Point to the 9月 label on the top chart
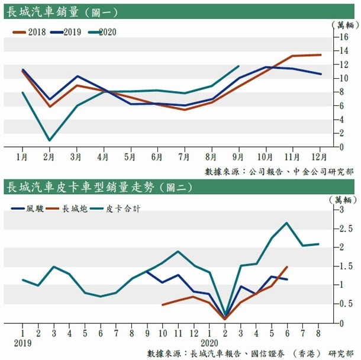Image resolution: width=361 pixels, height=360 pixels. coord(238,157)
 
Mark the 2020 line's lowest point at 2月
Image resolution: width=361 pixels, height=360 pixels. coord(50,140)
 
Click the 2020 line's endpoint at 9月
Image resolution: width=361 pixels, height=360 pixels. coord(238,66)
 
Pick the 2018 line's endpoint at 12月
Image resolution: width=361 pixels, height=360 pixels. coord(320,55)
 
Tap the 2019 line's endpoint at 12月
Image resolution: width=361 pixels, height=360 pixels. coord(320,74)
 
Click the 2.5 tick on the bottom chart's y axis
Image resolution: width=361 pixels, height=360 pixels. coord(338,229)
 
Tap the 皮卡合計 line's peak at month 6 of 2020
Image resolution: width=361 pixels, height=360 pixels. coord(287,223)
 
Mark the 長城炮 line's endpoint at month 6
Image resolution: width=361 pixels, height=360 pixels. coord(287,267)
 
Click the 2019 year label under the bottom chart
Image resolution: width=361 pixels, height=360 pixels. coord(22,343)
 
